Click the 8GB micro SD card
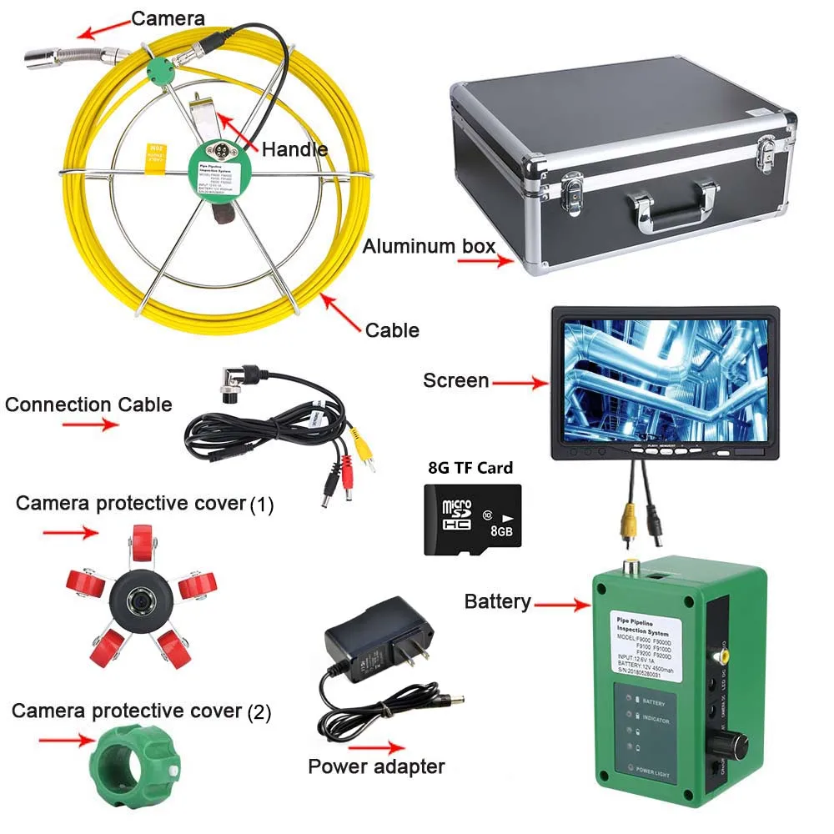[x=472, y=520]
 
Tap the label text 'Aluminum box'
[x=429, y=246]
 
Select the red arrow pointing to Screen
[x=520, y=383]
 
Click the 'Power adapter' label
[x=376, y=766]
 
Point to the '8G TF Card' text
[x=470, y=467]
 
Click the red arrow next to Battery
[x=561, y=602]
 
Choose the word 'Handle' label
[x=294, y=149]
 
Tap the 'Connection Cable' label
[x=88, y=405]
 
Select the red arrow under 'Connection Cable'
[x=88, y=425]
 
